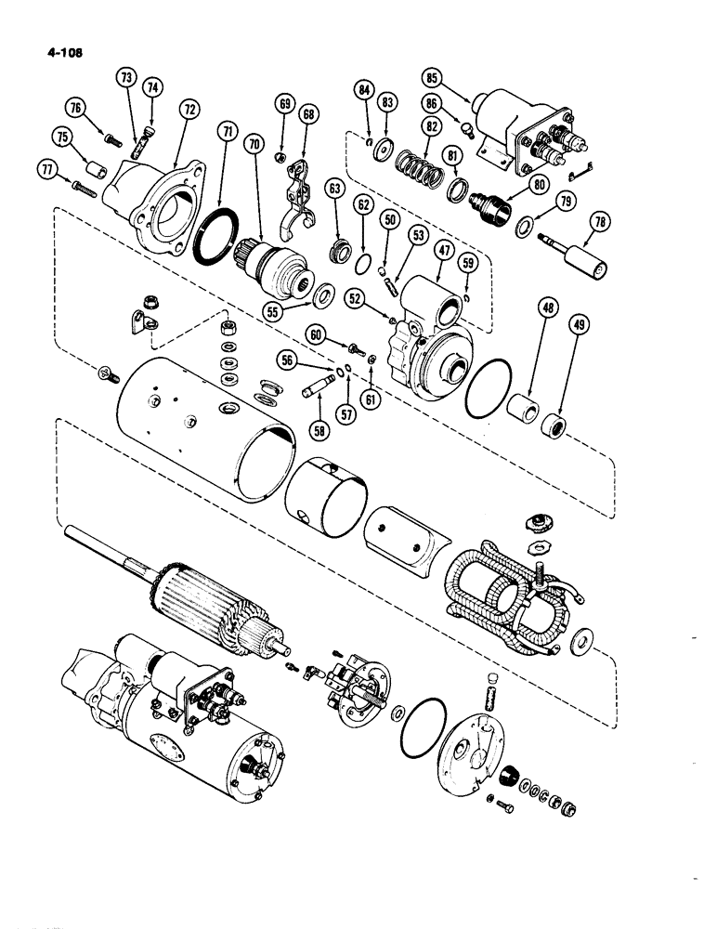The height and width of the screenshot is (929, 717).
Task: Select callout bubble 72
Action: click(x=189, y=110)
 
